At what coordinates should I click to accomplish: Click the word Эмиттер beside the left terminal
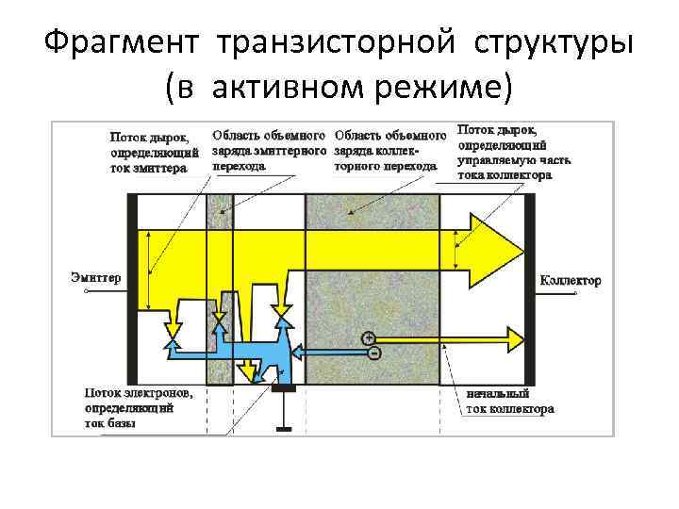96,277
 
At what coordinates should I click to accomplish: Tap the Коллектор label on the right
570,281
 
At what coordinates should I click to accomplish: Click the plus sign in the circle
368,337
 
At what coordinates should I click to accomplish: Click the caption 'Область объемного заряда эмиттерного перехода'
270,149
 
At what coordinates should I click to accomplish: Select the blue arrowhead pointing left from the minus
298,351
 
